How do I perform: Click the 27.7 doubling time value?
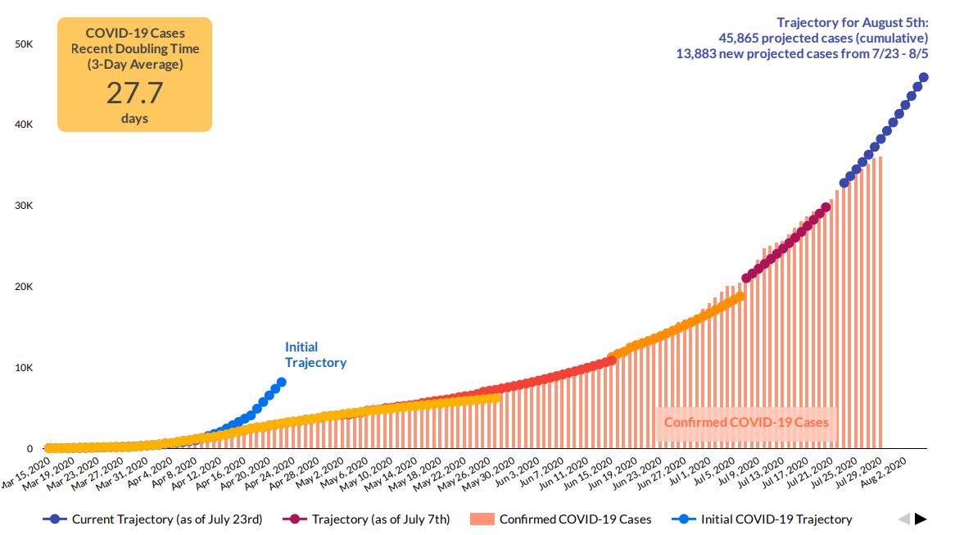click(x=134, y=92)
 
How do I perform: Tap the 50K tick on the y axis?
click(x=24, y=43)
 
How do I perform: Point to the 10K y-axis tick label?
click(x=24, y=368)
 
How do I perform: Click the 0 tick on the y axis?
click(x=29, y=449)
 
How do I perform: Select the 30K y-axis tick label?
click(x=24, y=206)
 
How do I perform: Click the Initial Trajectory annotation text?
click(x=315, y=355)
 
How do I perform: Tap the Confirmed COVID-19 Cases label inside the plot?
click(x=746, y=422)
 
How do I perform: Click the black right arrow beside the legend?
click(x=921, y=519)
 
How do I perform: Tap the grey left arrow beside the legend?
click(x=903, y=519)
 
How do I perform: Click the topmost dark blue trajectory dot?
click(x=924, y=78)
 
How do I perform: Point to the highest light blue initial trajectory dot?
click(x=282, y=382)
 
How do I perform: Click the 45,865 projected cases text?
click(x=822, y=38)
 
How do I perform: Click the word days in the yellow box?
click(x=134, y=119)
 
